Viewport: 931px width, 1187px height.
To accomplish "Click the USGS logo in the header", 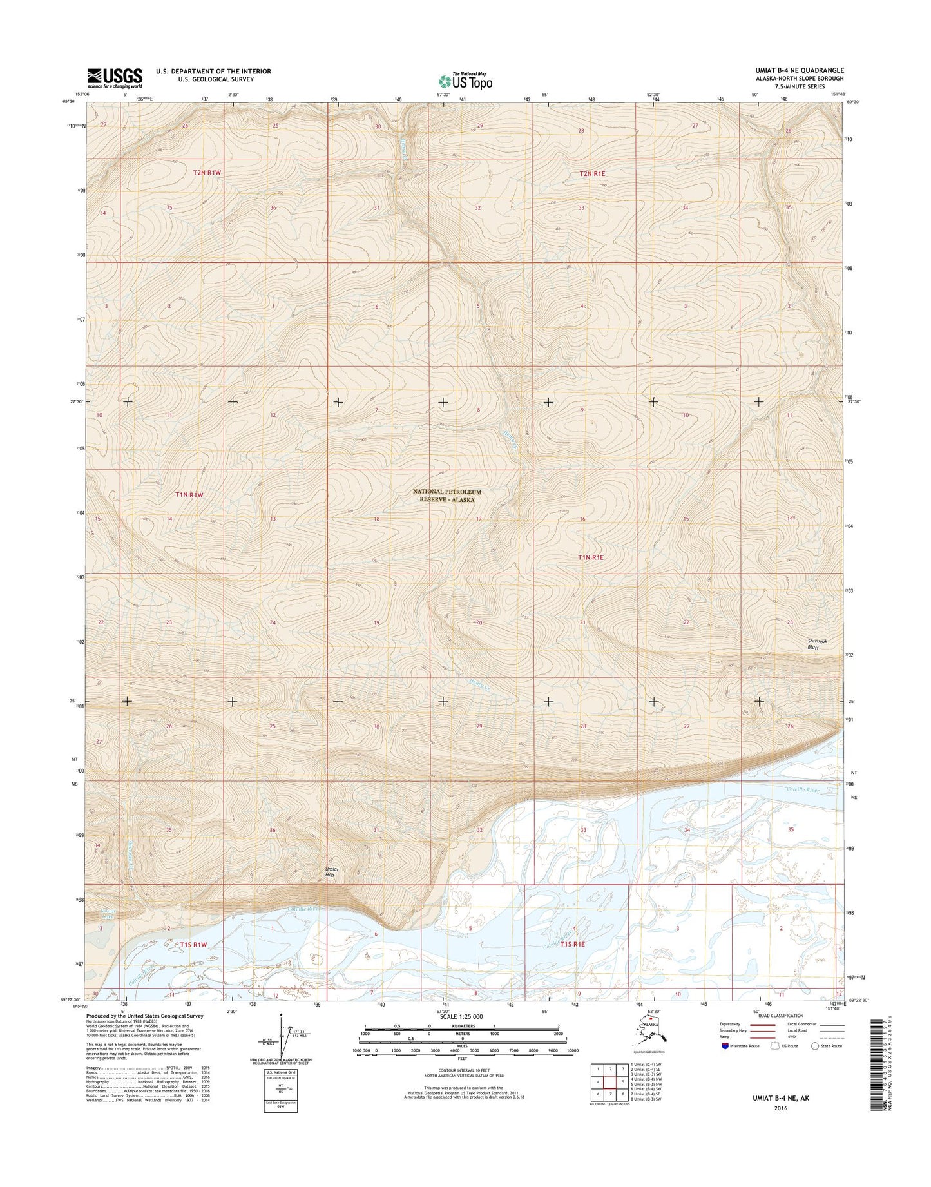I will pyautogui.click(x=115, y=78).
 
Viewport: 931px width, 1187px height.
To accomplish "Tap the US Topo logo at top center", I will pyautogui.click(x=465, y=81).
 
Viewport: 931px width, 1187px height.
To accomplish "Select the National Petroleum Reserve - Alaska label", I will pyautogui.click(x=446, y=496).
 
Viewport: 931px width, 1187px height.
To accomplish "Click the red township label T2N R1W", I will pyautogui.click(x=207, y=173).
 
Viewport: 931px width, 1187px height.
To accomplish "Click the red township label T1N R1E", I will pyautogui.click(x=590, y=557).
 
